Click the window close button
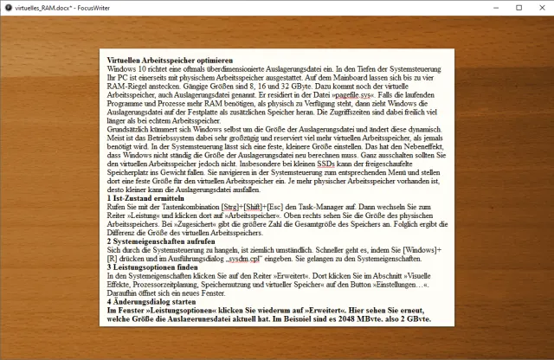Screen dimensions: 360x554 click(x=535, y=8)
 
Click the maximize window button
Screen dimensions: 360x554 click(x=495, y=8)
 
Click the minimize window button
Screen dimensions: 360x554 click(x=455, y=8)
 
